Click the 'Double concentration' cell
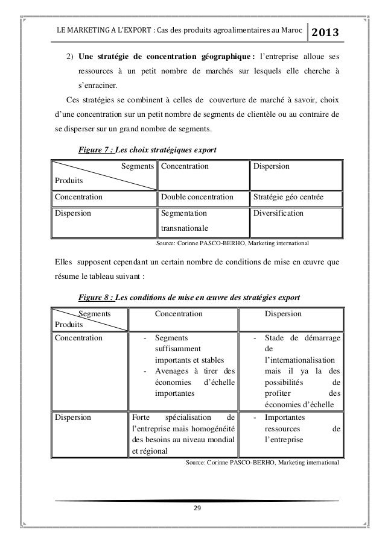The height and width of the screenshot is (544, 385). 196,196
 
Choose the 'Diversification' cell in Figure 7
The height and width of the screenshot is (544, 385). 279,213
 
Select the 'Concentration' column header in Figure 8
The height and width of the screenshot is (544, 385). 179,313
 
